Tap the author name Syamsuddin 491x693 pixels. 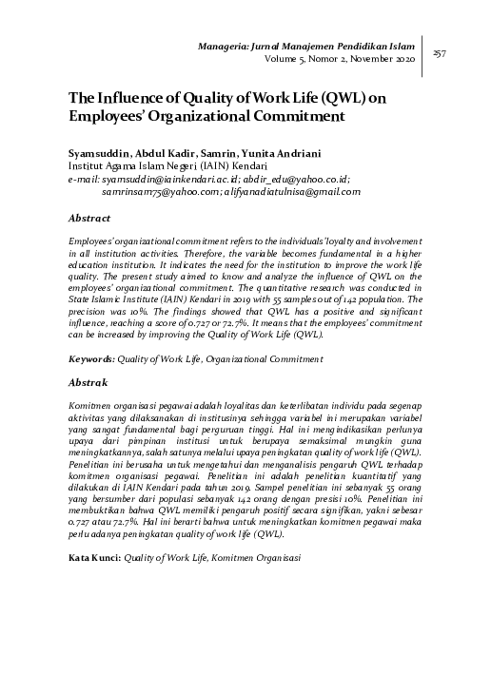pos(98,152)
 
